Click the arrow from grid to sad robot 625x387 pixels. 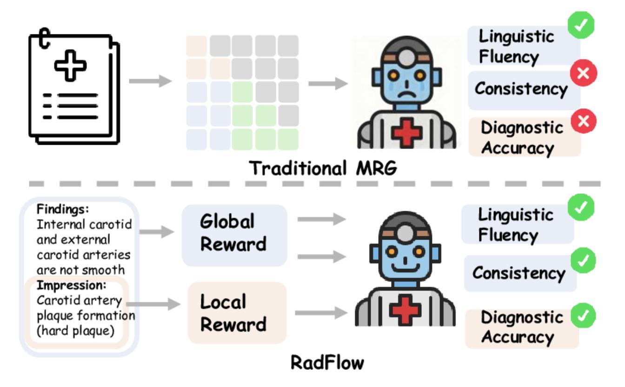(328, 83)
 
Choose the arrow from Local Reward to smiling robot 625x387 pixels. (321, 314)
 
